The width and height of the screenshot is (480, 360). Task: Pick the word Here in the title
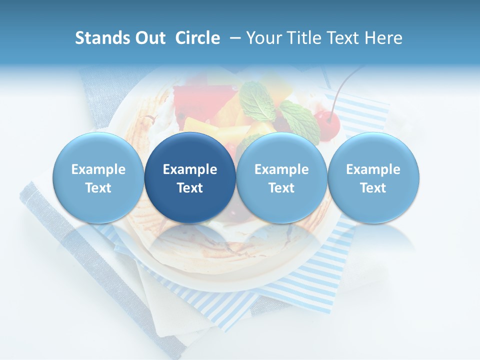[384, 38]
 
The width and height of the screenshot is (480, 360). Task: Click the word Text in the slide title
[345, 38]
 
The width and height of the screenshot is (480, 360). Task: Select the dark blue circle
[190, 177]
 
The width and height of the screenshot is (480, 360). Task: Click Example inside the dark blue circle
[190, 169]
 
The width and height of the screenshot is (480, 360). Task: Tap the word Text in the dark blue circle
[190, 188]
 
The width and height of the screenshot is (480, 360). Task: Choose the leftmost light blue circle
[98, 177]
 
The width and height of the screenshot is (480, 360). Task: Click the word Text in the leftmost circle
[98, 188]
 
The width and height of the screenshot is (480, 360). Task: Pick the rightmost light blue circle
[373, 177]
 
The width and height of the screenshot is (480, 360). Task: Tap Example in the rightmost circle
[373, 169]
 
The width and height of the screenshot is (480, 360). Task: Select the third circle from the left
[281, 177]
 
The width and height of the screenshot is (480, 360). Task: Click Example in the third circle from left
[281, 169]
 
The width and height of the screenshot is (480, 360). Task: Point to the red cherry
[327, 122]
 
